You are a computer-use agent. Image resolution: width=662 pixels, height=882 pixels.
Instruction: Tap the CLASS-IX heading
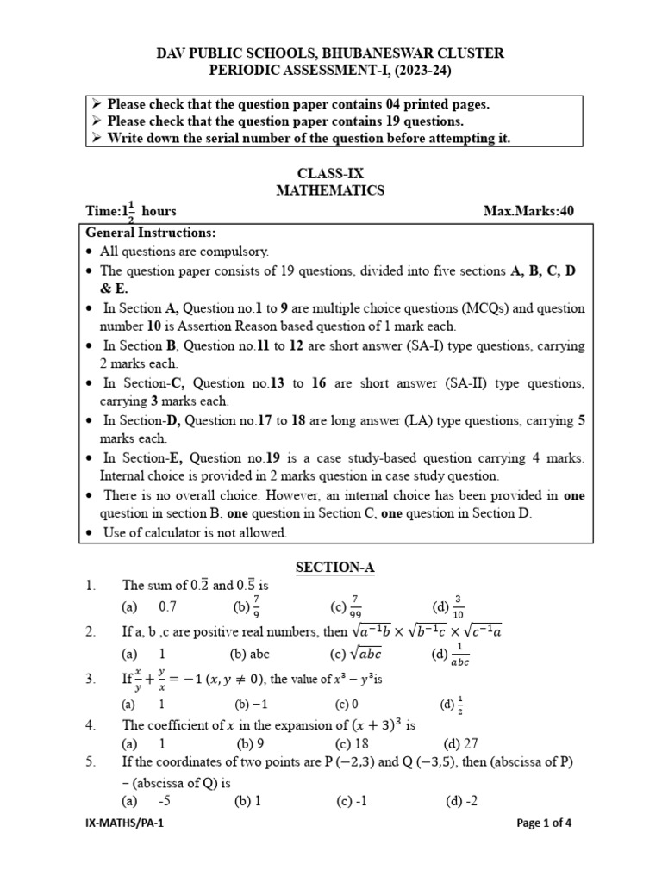[x=330, y=173]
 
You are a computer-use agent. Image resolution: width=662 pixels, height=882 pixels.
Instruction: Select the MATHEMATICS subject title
[x=330, y=190]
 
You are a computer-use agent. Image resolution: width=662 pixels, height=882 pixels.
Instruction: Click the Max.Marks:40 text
[x=530, y=211]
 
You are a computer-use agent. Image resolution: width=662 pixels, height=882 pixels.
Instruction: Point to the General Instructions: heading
[x=151, y=233]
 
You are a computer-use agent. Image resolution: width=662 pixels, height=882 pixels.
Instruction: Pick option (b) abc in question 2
[x=250, y=654]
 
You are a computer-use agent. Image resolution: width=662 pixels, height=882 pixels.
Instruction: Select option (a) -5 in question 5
[x=153, y=801]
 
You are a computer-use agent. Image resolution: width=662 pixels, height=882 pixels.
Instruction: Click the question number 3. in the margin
[x=91, y=679]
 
